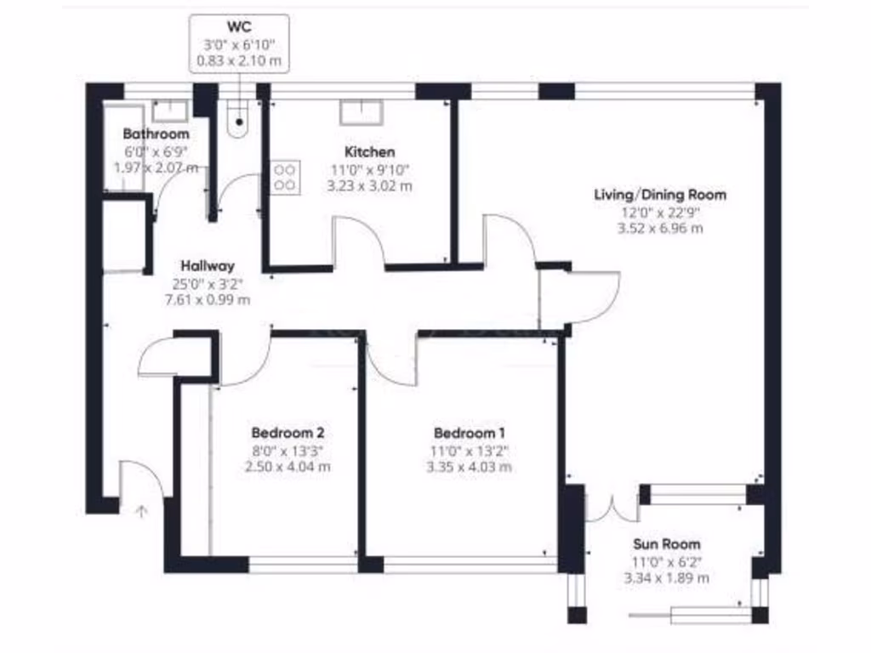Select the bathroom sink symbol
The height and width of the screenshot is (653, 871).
[x=170, y=111]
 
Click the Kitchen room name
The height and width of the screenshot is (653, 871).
[x=369, y=152]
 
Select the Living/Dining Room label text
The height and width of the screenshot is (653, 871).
[x=660, y=195]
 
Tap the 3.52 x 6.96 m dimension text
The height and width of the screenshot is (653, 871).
[x=660, y=228]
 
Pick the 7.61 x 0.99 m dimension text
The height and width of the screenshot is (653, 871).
[x=207, y=299]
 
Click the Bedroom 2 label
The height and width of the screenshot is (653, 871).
[x=287, y=432]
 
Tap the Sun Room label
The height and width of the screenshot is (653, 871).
[x=666, y=544]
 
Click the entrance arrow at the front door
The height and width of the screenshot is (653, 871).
[x=141, y=511]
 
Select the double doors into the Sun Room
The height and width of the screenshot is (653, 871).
[x=612, y=507]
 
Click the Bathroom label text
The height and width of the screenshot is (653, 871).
[x=156, y=134]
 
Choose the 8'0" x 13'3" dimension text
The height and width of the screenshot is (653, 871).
[x=287, y=450]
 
